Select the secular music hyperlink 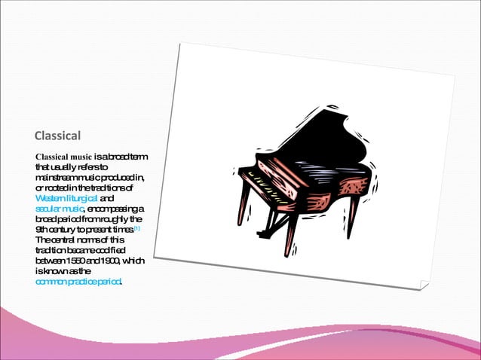[x=60, y=208]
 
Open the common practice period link [x=78, y=282]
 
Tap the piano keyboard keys [x=256, y=185]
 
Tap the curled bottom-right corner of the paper [x=424, y=285]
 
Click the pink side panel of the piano [x=332, y=188]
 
